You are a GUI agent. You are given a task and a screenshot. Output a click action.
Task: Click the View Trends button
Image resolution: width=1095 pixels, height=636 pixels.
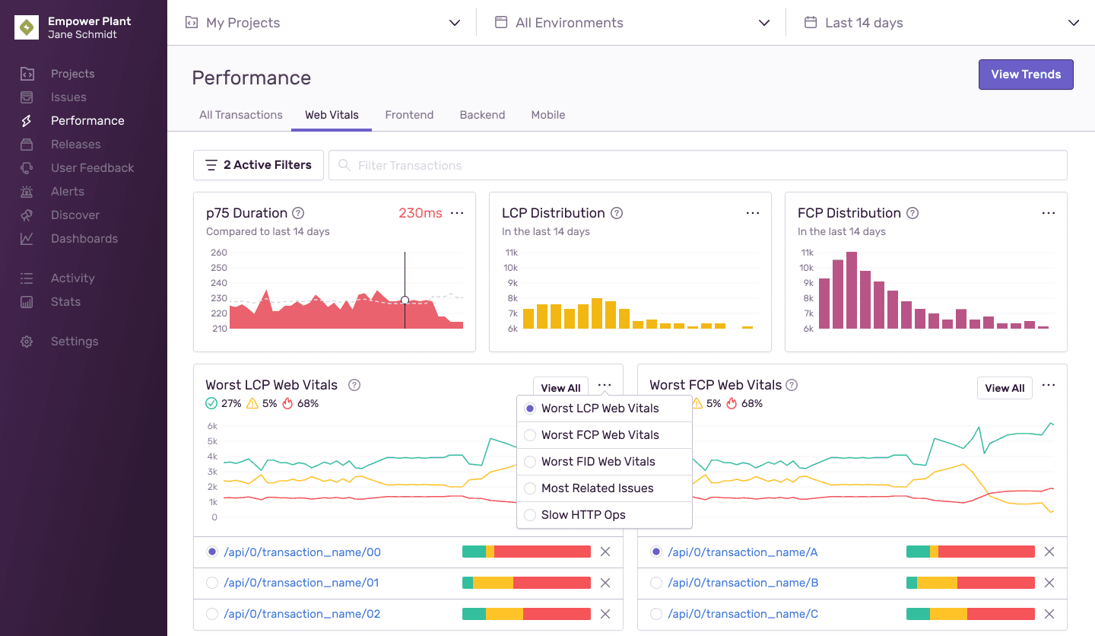click(x=1025, y=75)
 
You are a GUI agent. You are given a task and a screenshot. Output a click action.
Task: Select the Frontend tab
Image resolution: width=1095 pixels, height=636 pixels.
click(x=409, y=115)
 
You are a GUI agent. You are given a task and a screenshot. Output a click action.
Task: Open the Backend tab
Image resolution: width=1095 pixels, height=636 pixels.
click(x=482, y=115)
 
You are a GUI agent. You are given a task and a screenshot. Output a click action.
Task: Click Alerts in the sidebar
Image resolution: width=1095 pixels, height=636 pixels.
click(x=68, y=192)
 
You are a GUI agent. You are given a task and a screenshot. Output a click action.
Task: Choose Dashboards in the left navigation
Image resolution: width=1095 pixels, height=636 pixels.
click(x=84, y=239)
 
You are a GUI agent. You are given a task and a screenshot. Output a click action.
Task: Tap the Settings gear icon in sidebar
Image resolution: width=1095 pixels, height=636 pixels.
click(x=27, y=342)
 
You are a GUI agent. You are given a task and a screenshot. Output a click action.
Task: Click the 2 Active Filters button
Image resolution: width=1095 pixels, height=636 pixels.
click(x=259, y=165)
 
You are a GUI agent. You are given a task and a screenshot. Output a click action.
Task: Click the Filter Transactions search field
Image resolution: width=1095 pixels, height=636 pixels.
click(x=697, y=165)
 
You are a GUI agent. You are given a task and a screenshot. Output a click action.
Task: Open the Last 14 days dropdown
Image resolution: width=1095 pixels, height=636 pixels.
click(x=941, y=23)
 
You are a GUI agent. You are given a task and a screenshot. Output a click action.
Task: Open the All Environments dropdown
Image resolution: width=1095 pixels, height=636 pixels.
click(x=632, y=23)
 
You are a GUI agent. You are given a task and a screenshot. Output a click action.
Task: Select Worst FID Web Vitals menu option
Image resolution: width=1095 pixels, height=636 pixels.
click(x=598, y=462)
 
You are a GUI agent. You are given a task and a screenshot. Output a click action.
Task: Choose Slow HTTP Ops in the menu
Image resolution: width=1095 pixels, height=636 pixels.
click(x=583, y=515)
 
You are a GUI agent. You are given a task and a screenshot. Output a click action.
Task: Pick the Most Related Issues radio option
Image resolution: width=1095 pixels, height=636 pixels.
click(x=530, y=488)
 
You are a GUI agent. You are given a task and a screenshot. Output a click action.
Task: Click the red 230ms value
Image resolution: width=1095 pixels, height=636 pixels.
click(x=421, y=213)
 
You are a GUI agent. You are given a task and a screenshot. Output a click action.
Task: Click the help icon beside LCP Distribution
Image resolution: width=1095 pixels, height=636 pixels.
click(x=617, y=213)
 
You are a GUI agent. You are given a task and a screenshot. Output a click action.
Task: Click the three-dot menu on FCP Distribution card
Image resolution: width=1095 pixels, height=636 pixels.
click(x=1048, y=213)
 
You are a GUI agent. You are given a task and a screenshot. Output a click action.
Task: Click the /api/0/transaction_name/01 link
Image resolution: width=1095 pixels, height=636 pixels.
click(x=301, y=583)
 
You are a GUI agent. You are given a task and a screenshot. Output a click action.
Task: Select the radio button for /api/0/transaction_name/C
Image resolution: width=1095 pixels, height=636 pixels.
click(x=656, y=614)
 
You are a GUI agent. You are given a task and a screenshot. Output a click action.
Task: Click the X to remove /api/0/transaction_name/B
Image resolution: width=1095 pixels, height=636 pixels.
click(x=1049, y=583)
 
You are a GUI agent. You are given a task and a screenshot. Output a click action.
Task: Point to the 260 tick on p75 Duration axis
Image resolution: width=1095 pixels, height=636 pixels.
click(x=219, y=253)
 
